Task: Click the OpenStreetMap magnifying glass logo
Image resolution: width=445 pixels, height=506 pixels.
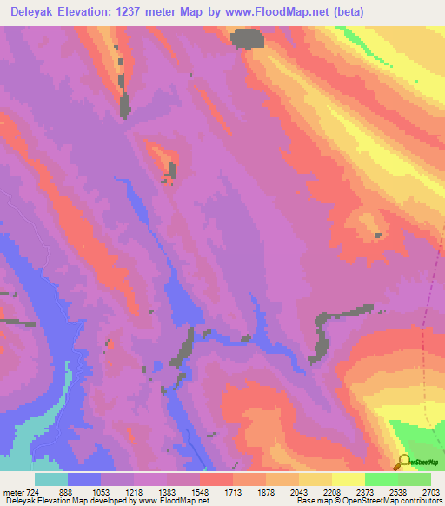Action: (404, 462)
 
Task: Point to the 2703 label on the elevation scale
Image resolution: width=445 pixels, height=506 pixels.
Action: (430, 491)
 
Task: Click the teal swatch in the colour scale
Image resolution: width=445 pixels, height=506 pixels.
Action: (51, 479)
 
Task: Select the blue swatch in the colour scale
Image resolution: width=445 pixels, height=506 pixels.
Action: (84, 479)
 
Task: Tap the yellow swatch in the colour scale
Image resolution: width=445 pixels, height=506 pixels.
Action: (348, 479)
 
